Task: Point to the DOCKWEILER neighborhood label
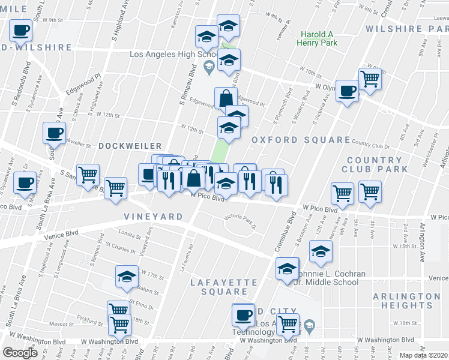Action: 130,146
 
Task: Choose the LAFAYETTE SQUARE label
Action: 224,287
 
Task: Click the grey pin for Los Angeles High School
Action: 209,66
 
